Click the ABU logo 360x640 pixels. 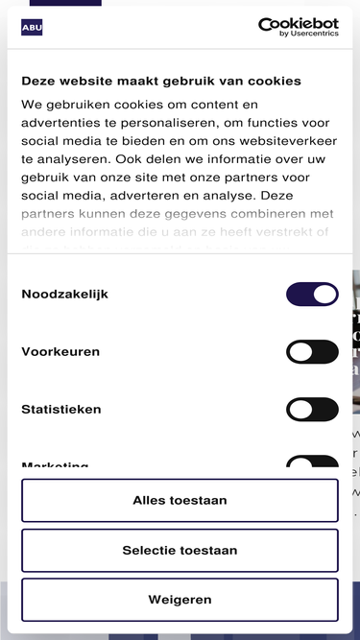[32, 27]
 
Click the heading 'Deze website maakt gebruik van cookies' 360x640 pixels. [161, 82]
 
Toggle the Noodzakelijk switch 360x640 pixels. [312, 294]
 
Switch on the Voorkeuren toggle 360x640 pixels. [312, 352]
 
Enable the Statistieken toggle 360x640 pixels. [312, 410]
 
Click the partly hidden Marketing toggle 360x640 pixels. [312, 463]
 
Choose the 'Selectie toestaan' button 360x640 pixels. [180, 551]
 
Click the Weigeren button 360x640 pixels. [180, 600]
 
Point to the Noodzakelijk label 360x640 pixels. [64, 294]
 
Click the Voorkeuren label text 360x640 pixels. [60, 352]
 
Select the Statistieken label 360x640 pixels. [61, 410]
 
